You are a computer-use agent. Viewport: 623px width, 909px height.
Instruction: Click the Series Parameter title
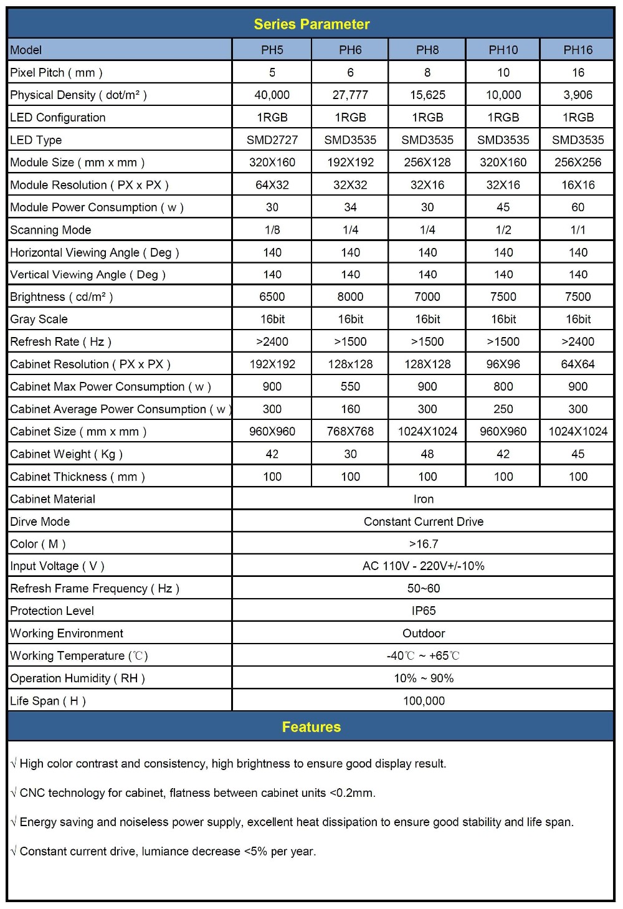[x=311, y=24]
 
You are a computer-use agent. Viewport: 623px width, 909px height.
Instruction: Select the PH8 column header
[x=427, y=50]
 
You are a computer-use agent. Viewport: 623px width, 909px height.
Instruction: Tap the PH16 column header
[x=578, y=50]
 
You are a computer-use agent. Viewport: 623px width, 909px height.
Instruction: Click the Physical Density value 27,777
[x=350, y=95]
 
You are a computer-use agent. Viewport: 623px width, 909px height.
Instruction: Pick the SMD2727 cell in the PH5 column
[x=272, y=140]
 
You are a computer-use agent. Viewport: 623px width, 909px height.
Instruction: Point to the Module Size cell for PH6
[x=350, y=162]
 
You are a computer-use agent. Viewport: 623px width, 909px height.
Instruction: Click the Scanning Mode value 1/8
[x=272, y=229]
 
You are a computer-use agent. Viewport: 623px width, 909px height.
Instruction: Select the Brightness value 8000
[x=350, y=297]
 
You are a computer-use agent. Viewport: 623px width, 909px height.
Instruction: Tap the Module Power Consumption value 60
[x=578, y=207]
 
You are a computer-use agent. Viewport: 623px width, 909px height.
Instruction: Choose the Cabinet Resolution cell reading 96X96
[x=503, y=364]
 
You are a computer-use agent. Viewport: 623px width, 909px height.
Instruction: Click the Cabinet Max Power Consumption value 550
[x=350, y=386]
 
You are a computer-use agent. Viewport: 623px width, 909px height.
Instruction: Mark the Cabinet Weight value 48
[x=427, y=454]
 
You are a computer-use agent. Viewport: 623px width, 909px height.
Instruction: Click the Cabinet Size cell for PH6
[x=350, y=431]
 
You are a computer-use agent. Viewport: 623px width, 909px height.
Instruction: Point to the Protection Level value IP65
[x=424, y=611]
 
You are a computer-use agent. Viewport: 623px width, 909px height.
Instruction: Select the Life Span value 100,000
[x=424, y=700]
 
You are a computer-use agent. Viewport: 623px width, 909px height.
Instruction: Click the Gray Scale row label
[x=39, y=319]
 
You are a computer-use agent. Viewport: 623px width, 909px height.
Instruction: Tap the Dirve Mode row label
[x=40, y=521]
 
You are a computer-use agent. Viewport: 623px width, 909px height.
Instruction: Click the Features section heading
[x=311, y=727]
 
